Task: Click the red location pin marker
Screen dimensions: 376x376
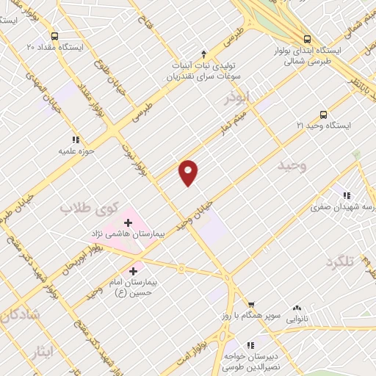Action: pos(189,173)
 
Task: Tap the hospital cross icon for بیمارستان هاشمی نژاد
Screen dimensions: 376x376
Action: pos(129,221)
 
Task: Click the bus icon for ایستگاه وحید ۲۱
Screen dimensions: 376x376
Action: pos(323,115)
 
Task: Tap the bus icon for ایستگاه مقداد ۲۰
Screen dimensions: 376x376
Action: pos(54,35)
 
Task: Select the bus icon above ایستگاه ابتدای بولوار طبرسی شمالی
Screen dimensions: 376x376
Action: pos(306,39)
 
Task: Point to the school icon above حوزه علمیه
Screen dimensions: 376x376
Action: pos(75,139)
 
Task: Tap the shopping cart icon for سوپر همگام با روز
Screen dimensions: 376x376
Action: pos(250,303)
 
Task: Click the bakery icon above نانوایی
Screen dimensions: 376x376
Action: pos(297,308)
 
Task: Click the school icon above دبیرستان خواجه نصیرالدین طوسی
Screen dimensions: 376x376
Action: pos(250,344)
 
